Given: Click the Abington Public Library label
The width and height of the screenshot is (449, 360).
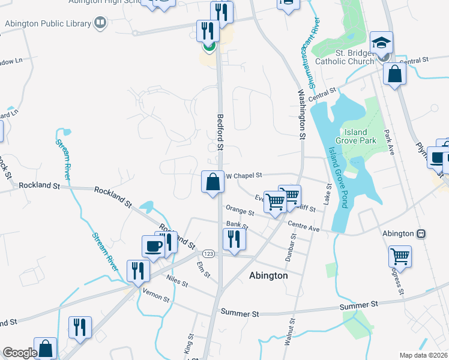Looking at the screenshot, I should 48,24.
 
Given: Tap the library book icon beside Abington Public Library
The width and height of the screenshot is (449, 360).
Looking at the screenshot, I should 100,24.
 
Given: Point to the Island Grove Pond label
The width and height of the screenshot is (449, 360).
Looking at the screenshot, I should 337,178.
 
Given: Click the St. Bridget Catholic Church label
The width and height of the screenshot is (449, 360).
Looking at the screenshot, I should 354,57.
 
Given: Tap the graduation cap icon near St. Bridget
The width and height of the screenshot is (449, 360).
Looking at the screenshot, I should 381,43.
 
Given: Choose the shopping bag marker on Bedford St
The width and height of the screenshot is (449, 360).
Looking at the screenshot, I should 213,182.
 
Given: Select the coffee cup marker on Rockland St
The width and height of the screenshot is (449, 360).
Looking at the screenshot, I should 152,246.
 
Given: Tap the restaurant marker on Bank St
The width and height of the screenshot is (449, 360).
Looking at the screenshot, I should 232,239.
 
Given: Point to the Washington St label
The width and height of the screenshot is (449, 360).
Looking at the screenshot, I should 302,114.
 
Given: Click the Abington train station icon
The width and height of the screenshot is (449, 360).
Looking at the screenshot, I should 421,233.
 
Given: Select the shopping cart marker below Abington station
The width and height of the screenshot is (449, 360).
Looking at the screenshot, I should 400,257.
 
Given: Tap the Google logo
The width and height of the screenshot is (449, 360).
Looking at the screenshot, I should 20,353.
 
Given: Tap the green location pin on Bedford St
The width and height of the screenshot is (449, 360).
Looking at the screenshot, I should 209,46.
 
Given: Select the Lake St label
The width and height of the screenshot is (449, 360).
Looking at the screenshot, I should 328,197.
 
